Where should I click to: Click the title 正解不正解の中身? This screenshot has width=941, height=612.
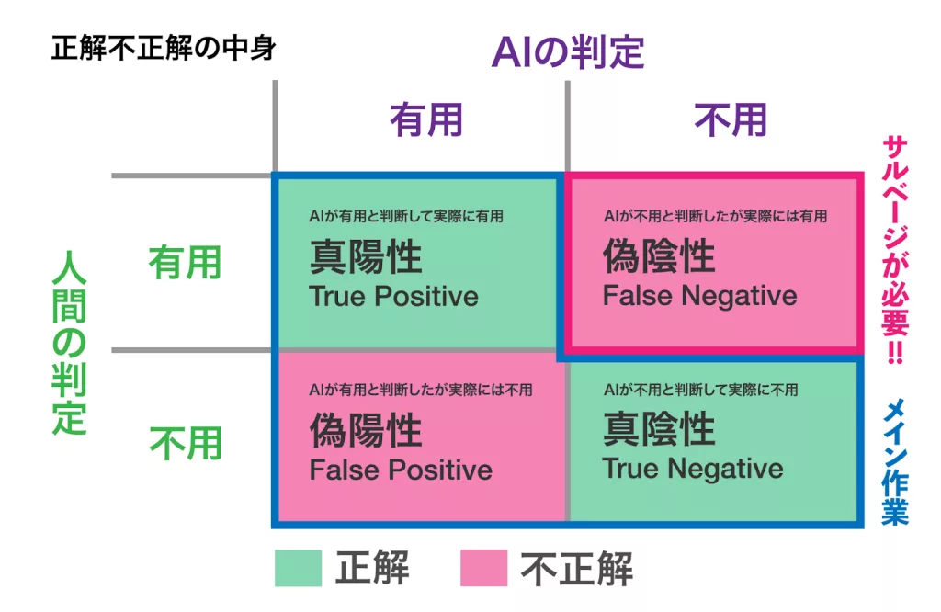164,48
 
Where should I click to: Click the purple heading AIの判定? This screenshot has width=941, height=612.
567,52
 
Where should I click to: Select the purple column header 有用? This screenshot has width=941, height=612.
425,120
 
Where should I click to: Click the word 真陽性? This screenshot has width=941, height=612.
365,257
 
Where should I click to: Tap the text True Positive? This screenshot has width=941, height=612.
393,296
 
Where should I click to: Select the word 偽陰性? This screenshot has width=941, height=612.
659,257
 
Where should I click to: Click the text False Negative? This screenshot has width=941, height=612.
699,296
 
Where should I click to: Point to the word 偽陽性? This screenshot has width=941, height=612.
365,430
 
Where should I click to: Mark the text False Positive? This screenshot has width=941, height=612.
401,470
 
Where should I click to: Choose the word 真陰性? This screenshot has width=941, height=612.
659,429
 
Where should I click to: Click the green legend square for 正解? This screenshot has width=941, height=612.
298,568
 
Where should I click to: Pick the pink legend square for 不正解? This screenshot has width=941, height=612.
483,568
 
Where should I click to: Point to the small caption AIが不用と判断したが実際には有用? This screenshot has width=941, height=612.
715,217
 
